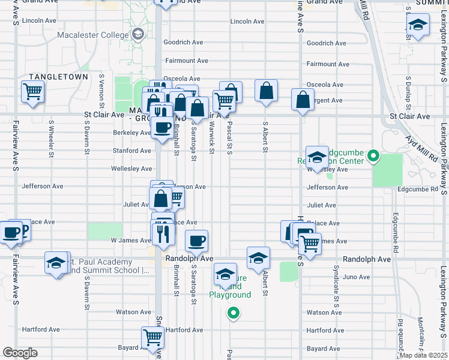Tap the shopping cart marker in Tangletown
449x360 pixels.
[x=32, y=92]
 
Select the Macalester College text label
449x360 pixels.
[x=93, y=34]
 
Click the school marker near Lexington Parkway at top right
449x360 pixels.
[x=418, y=25]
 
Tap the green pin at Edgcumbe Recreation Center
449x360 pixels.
[x=373, y=157]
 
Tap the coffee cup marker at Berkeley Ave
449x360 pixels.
[x=161, y=127]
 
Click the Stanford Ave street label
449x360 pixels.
[x=131, y=151]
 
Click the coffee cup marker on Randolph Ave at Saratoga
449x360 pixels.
[x=196, y=241]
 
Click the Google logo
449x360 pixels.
[x=20, y=352]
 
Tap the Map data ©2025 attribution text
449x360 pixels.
[x=423, y=355]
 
